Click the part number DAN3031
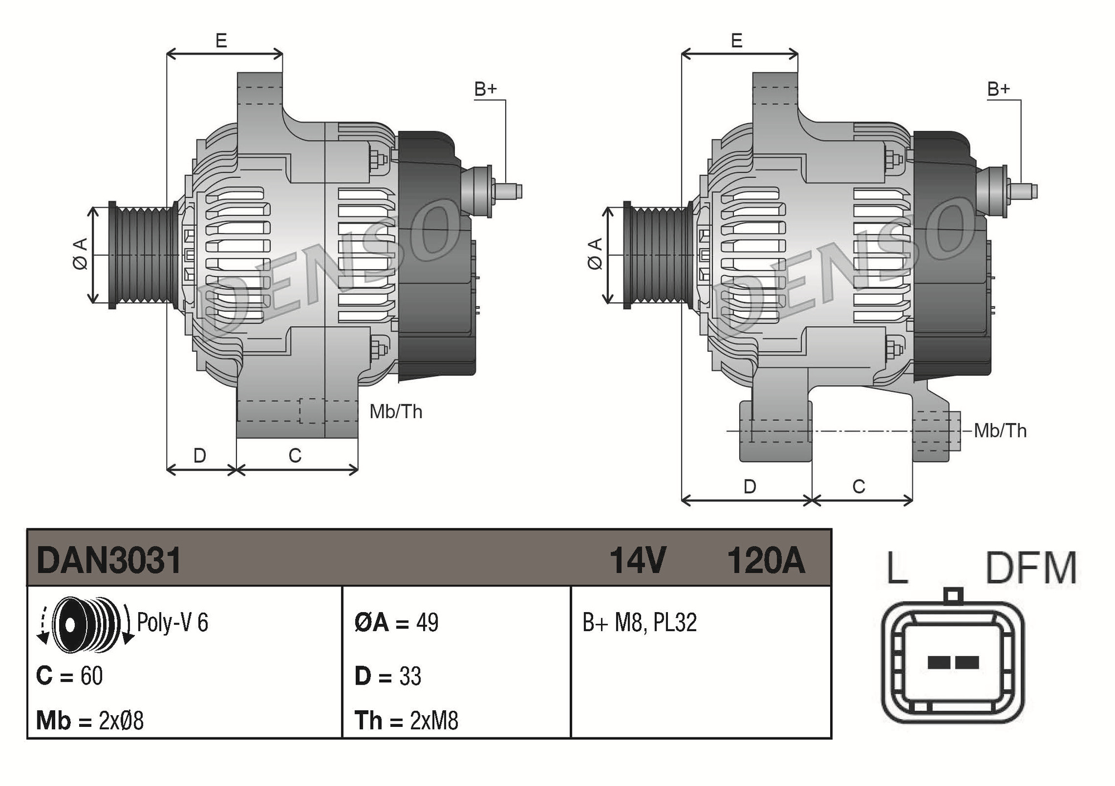coord(109,560)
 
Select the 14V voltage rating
coord(637,560)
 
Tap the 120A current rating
coord(765,560)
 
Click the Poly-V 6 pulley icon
coord(86,624)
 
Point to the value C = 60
coord(70,676)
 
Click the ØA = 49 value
coord(396,622)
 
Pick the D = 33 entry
coord(388,676)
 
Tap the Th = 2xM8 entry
coord(406,720)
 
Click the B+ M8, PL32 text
coord(639,622)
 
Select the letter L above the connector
coord(896,568)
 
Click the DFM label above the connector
coord(1031,568)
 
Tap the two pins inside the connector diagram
coord(953,662)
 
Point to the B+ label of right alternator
coord(998,89)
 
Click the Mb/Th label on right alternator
coord(1000,430)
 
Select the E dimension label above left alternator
coord(221,41)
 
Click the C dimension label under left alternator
coord(295,455)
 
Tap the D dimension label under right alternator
coord(749,486)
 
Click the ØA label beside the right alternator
coord(595,254)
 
